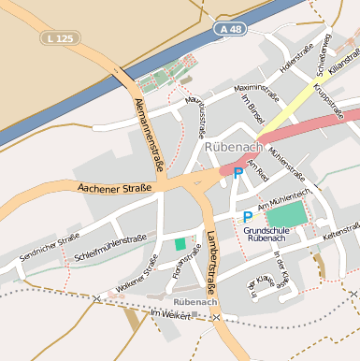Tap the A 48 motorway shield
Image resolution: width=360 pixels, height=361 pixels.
click(236, 30)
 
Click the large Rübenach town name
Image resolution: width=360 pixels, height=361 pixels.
click(233, 148)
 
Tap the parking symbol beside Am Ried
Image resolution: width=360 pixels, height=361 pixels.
click(238, 172)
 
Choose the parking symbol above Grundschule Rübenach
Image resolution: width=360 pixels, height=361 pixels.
click(248, 216)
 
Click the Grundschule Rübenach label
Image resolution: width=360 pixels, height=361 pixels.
click(271, 233)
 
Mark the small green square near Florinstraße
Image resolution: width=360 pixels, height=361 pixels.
click(180, 244)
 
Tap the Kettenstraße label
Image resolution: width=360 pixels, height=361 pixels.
click(340, 231)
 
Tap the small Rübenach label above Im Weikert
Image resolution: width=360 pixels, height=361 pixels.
click(195, 303)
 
